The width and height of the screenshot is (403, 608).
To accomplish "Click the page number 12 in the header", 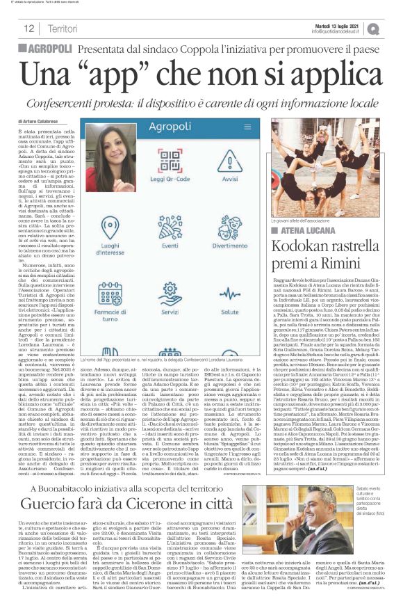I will pyautogui.click(x=29, y=29).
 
